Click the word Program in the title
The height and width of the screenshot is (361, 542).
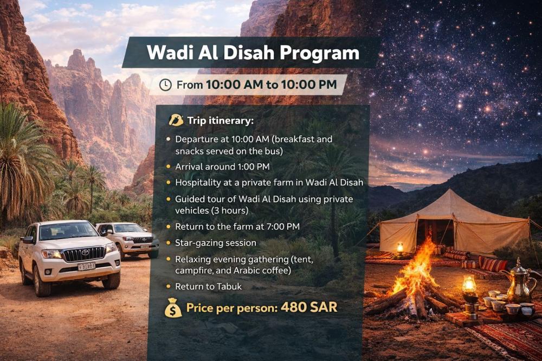click(319, 53)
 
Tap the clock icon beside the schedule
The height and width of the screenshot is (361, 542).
click(165, 85)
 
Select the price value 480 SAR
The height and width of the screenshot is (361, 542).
click(309, 307)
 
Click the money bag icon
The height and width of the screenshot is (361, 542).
click(173, 308)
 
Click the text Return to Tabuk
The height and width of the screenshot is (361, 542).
click(209, 286)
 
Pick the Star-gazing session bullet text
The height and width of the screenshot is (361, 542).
click(216, 243)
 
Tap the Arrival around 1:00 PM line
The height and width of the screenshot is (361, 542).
click(222, 166)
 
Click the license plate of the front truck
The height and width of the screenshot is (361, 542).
click(86, 266)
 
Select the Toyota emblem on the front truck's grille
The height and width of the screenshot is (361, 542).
click(85, 253)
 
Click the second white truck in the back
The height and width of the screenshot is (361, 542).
click(128, 239)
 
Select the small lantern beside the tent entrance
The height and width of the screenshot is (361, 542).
click(400, 248)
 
